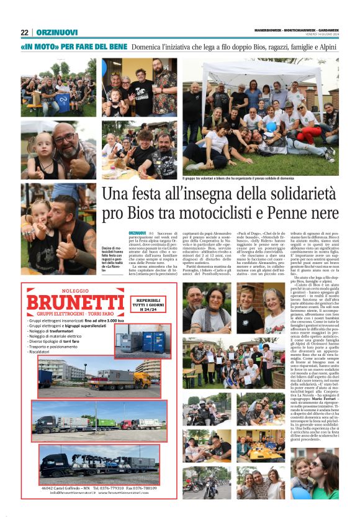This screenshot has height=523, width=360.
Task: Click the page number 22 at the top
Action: click(24, 32)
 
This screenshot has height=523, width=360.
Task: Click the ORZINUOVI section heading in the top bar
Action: click(56, 32)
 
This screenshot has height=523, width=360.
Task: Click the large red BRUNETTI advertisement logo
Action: click(75, 302)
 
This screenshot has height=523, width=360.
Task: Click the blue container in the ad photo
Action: click(153, 341)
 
